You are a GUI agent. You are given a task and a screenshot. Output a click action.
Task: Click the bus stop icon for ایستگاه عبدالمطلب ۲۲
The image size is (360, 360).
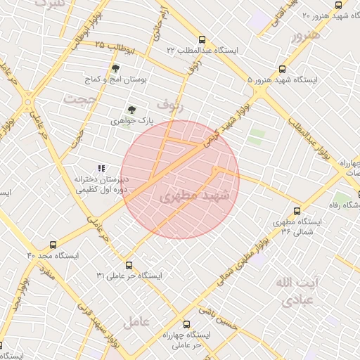202,40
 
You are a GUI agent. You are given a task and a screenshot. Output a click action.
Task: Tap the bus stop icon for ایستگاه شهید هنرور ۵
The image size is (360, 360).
282,70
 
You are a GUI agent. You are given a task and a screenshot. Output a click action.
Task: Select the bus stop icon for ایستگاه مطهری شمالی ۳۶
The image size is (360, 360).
297,210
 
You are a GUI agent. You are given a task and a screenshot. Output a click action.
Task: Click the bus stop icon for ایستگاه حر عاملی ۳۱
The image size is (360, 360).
128,265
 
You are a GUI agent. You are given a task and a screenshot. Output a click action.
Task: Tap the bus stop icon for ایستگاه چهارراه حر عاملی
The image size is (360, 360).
186,325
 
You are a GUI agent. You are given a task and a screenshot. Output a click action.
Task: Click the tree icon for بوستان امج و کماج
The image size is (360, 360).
115,68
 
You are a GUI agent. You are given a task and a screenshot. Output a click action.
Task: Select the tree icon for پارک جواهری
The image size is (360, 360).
131,109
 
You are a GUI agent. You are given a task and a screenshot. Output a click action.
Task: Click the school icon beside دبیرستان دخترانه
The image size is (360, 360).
101,168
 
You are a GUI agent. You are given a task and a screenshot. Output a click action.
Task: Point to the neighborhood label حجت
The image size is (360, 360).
79,99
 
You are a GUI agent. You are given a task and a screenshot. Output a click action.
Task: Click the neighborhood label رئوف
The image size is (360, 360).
171,105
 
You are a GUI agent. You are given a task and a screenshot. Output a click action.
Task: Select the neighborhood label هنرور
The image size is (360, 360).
307,34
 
